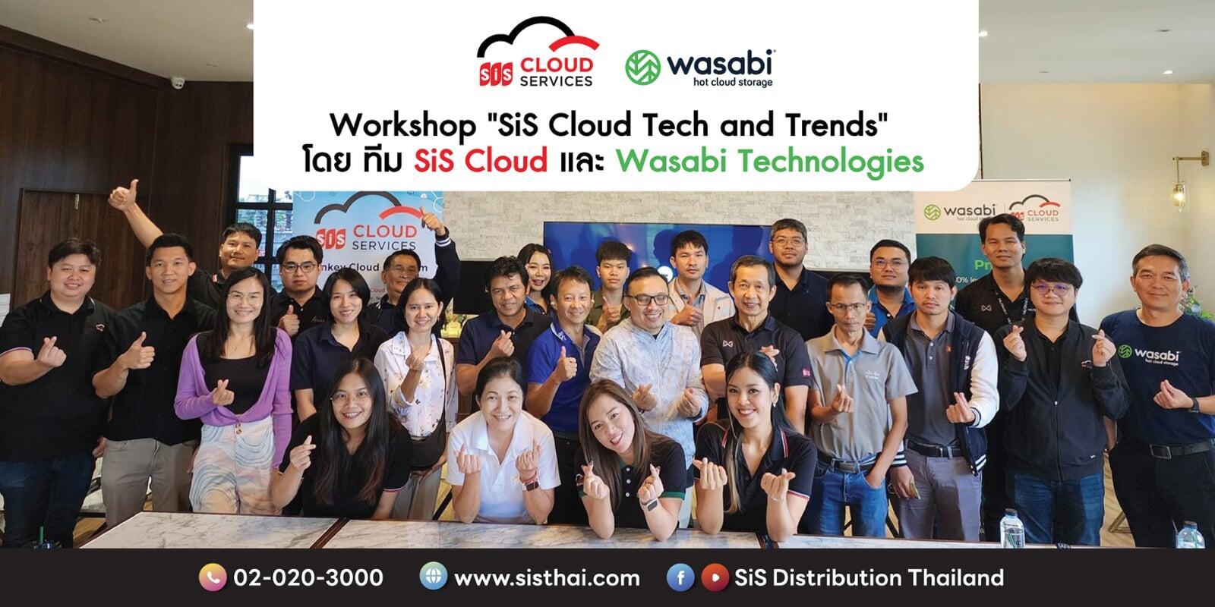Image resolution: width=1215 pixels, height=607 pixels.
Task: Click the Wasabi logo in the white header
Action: click(x=699, y=68)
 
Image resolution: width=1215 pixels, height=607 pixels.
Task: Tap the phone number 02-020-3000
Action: click(x=307, y=578)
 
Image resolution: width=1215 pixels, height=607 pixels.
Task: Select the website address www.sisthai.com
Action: click(x=547, y=578)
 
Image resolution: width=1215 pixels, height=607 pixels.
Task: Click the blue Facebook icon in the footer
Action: click(x=680, y=578)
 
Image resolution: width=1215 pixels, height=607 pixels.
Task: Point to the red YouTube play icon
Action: click(x=712, y=578)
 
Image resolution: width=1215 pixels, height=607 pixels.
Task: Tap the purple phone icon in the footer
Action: click(x=213, y=578)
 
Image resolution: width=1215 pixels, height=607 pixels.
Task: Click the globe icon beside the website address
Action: click(x=434, y=578)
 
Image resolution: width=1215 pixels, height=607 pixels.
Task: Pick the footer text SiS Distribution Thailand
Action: click(x=869, y=578)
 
